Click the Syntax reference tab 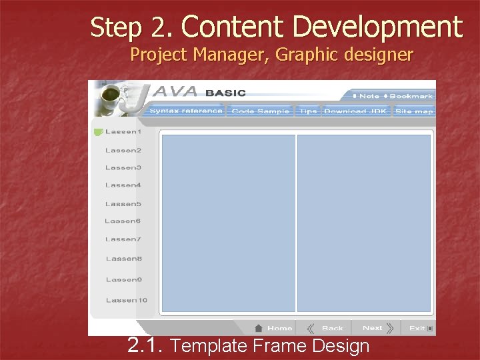pyautogui.click(x=186, y=111)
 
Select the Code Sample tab pyautogui.click(x=260, y=111)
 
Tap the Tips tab pyautogui.click(x=308, y=111)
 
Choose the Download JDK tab pyautogui.click(x=355, y=111)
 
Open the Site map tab pyautogui.click(x=414, y=111)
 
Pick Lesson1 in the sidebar pyautogui.click(x=123, y=132)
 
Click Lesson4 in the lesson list pyautogui.click(x=123, y=185)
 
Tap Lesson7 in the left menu pyautogui.click(x=123, y=239)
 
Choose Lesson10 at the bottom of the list pyautogui.click(x=126, y=300)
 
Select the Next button pyautogui.click(x=372, y=328)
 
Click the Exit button pyautogui.click(x=417, y=328)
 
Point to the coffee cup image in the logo pyautogui.click(x=108, y=98)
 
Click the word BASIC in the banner pyautogui.click(x=225, y=93)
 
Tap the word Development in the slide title pyautogui.click(x=377, y=27)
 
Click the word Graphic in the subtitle pyautogui.click(x=307, y=54)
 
